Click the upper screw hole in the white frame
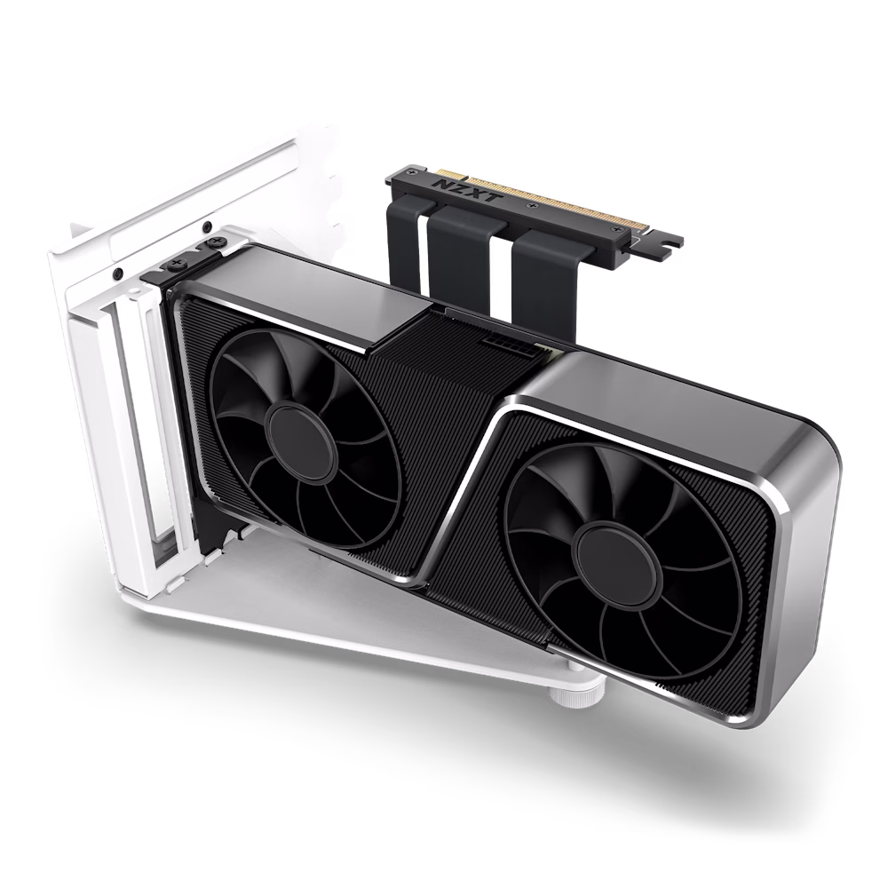pyautogui.click(x=206, y=225)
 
